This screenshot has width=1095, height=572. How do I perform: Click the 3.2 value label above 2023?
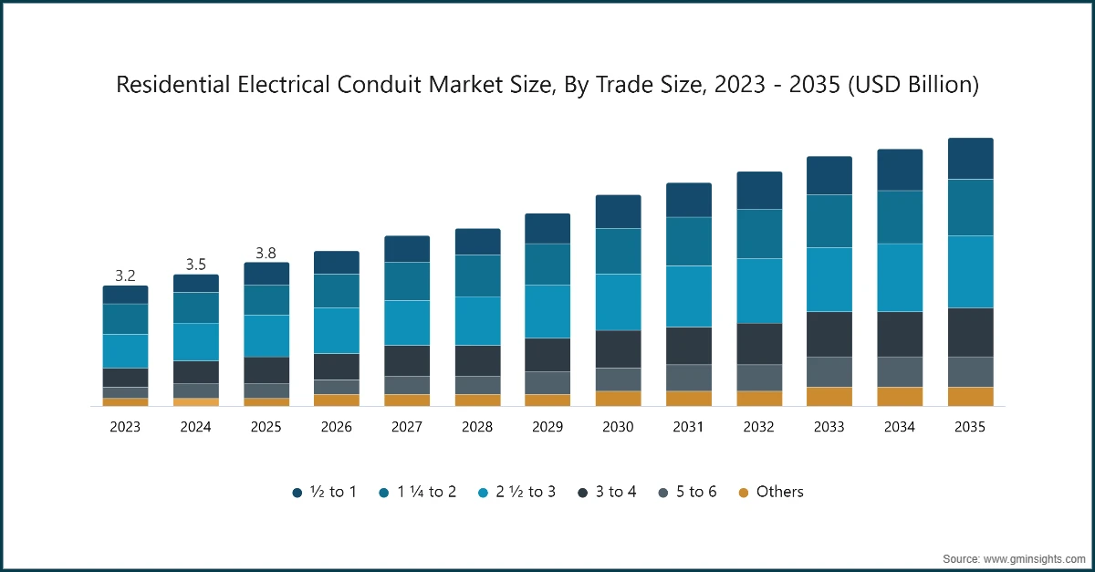[x=125, y=275]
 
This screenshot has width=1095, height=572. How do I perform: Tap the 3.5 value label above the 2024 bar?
[x=195, y=264]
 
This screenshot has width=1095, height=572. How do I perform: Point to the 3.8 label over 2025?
[x=266, y=253]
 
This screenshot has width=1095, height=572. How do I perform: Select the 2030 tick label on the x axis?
[x=618, y=427]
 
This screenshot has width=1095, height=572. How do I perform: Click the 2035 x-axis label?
[x=970, y=427]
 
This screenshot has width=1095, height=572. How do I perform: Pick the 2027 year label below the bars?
[x=407, y=427]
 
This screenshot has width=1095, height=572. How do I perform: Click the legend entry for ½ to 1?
[x=324, y=493]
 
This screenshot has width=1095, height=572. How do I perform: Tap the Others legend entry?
[x=771, y=492]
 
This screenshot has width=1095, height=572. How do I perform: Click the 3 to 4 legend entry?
[x=607, y=493]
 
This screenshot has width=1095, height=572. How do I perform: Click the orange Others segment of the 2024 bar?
[x=195, y=401]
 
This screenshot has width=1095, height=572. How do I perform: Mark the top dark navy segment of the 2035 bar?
[x=970, y=159]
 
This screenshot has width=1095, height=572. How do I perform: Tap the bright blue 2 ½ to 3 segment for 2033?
[x=829, y=279]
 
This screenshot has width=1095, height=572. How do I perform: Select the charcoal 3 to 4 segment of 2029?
[x=547, y=354]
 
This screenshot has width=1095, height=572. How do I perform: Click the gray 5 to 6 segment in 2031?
[x=688, y=377]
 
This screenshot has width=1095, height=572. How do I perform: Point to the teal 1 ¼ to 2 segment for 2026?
[x=337, y=290]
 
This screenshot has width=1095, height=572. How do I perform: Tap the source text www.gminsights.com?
[x=1031, y=557]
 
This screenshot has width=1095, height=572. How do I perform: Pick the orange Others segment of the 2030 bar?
[x=618, y=398]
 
